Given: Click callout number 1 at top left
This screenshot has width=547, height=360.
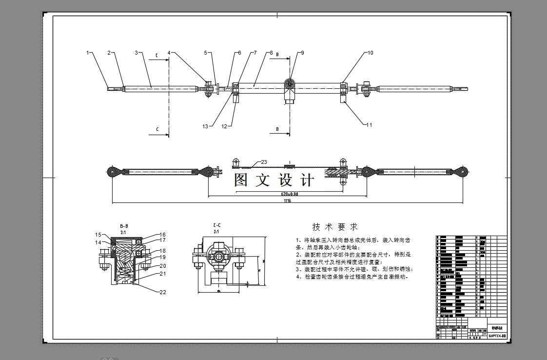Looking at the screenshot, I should [x=88, y=53].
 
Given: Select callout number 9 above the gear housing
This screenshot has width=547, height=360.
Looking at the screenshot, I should [x=302, y=53].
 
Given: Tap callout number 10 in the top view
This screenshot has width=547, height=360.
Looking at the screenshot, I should [x=370, y=53].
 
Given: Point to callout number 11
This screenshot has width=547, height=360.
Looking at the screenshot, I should [x=369, y=125].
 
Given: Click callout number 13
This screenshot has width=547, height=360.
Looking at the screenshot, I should [x=205, y=126].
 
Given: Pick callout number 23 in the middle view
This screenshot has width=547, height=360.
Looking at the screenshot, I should [x=264, y=162].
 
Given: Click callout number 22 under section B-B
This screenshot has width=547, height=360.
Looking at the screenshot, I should [x=163, y=292].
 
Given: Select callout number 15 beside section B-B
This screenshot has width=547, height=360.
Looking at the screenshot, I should [x=98, y=235].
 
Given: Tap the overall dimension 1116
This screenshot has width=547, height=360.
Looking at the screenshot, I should [x=287, y=201].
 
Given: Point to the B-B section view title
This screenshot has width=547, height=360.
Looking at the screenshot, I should [x=124, y=226].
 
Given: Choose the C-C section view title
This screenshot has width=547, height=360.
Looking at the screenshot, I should [x=217, y=225].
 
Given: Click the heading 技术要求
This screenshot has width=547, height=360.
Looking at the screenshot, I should [x=335, y=227].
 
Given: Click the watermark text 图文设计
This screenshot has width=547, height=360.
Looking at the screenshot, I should [x=273, y=180].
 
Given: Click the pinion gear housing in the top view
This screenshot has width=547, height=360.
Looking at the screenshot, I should [x=289, y=88].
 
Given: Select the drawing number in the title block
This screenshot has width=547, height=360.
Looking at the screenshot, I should [x=497, y=336].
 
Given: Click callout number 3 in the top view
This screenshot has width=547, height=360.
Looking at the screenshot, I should [x=137, y=53].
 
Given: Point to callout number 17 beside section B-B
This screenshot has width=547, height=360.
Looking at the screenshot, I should [x=163, y=240].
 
